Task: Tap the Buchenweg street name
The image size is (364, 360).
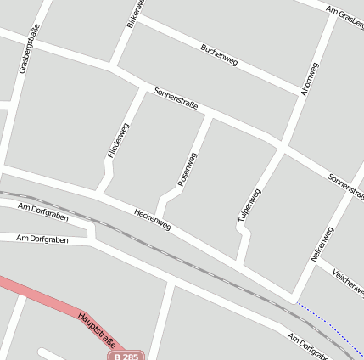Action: pos(219,54)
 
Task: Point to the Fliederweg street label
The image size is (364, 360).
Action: pos(118,140)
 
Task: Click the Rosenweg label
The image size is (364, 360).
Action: pos(188,169)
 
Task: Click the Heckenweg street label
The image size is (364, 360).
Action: pos(153,219)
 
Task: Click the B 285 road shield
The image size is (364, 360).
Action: pos(126,356)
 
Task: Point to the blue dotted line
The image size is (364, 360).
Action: pos(327,319)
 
